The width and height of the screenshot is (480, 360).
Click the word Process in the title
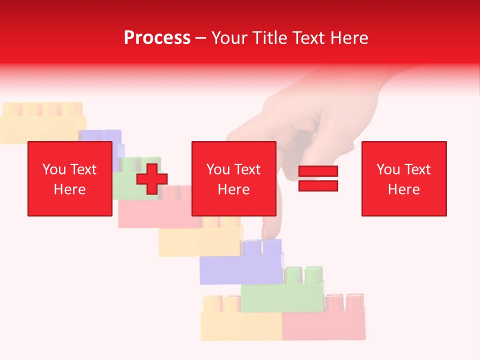[157, 38]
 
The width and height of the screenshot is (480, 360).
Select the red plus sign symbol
[152, 178]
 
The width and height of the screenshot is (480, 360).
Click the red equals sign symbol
[318, 178]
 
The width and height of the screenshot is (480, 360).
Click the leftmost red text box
[70, 178]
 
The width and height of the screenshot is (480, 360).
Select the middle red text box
[233, 178]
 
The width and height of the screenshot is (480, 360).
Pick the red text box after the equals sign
[404, 178]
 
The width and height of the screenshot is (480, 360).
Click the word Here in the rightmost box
[404, 189]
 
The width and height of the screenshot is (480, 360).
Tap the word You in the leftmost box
[53, 169]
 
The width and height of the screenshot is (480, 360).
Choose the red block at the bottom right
[324, 325]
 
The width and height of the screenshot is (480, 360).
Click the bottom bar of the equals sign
[318, 185]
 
